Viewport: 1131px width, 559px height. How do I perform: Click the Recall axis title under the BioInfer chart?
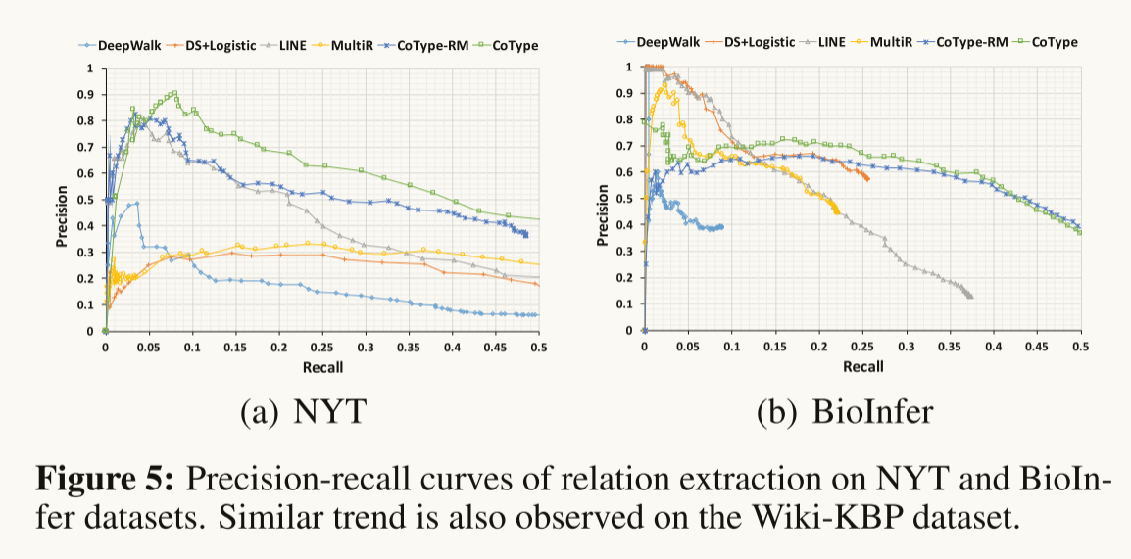862,366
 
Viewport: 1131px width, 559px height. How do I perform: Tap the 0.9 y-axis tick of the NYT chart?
91,95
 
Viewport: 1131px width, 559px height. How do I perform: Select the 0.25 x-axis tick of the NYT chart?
322,348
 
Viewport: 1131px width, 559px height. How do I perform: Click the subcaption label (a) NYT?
303,412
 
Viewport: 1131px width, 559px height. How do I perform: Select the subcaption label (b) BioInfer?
846,412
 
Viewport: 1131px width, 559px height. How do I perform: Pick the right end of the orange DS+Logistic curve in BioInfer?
867,178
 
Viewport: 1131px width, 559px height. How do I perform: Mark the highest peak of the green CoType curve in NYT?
174,93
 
